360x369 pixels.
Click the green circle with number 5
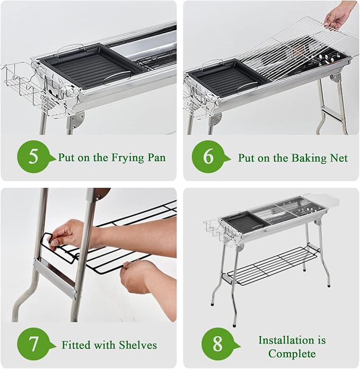[33, 157]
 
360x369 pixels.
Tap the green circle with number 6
[208, 157]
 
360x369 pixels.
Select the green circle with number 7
[33, 344]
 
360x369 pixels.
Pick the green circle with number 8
[218, 344]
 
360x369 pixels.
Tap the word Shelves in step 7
[138, 345]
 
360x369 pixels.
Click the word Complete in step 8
[292, 354]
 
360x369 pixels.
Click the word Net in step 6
[339, 158]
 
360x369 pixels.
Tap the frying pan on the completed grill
[245, 222]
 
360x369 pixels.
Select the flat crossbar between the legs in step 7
[55, 277]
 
